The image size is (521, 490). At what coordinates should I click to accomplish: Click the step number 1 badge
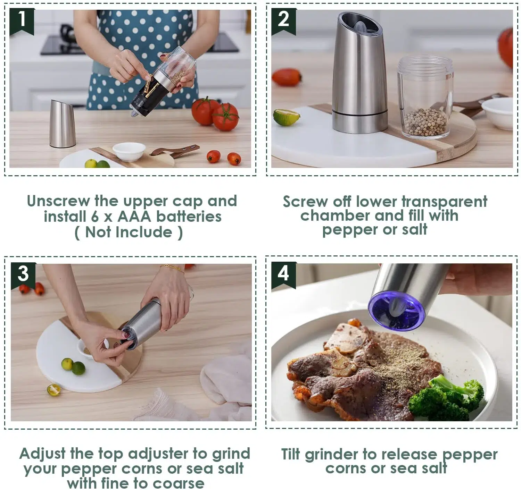(22, 21)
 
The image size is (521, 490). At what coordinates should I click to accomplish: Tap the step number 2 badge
(283, 21)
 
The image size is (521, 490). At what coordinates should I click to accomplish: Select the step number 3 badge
(23, 276)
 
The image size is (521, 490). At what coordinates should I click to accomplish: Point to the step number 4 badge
(283, 275)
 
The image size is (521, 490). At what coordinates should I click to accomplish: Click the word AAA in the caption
(134, 217)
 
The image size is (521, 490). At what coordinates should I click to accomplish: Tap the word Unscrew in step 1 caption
(58, 201)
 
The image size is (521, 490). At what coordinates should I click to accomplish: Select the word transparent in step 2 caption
(444, 202)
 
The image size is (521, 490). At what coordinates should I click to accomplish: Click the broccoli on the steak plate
(446, 400)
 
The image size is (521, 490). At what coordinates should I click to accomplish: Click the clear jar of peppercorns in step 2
(425, 98)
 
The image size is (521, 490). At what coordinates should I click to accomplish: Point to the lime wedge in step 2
(286, 117)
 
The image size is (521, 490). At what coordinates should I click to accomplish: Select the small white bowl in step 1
(129, 152)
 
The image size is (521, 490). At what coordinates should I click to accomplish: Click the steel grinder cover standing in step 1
(63, 124)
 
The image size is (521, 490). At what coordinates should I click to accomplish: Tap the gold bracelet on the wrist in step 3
(173, 269)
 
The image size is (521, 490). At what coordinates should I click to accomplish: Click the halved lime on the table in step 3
(54, 390)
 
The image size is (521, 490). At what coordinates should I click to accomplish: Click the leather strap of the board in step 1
(174, 151)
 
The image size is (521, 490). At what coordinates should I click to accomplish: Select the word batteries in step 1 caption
(189, 217)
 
